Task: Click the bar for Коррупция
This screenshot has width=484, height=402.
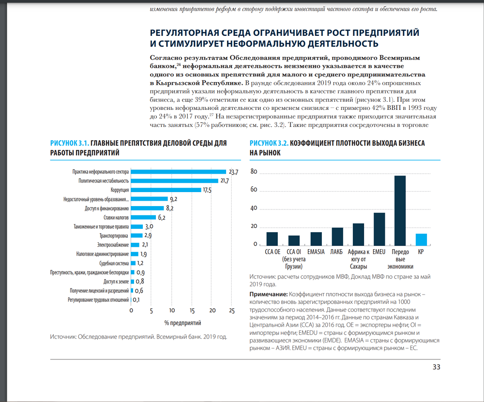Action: (166, 190)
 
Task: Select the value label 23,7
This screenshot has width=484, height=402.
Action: (233, 172)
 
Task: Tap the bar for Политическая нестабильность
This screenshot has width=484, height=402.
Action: (175, 181)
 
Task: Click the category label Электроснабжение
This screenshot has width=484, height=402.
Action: (113, 245)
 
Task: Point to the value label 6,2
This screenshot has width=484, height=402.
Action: (162, 218)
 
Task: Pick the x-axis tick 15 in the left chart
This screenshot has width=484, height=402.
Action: (192, 311)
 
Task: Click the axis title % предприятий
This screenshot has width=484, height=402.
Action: (183, 323)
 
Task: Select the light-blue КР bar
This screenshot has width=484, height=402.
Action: (421, 240)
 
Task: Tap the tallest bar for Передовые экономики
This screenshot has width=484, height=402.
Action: (400, 211)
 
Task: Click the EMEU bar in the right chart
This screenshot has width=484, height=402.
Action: (379, 229)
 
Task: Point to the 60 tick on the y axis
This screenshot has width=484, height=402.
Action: (254, 190)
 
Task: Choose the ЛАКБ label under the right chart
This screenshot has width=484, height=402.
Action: (336, 252)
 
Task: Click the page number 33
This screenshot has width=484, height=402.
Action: (437, 367)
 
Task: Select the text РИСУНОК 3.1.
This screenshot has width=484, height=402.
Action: (70, 143)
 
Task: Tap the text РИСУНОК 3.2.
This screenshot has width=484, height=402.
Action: (269, 143)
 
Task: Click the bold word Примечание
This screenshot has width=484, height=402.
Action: (269, 294)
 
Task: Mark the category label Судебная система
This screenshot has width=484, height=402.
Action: (114, 264)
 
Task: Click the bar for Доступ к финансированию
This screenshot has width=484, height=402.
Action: (147, 208)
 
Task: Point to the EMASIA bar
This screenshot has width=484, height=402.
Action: (316, 239)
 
